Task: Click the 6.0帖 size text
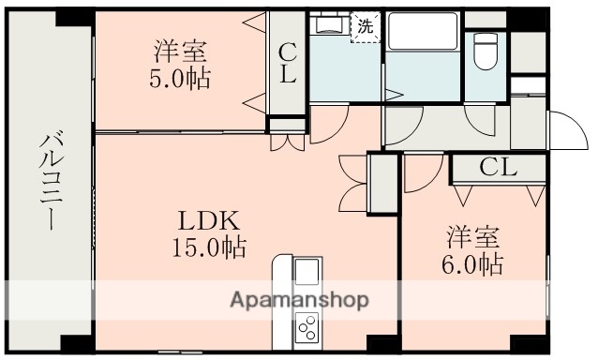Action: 473,264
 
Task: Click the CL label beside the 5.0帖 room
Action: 287,65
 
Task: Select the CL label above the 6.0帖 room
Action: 498,169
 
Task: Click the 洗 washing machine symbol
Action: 364,26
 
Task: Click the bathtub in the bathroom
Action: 421,37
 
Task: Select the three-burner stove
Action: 307,328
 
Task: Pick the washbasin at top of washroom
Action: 328,24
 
